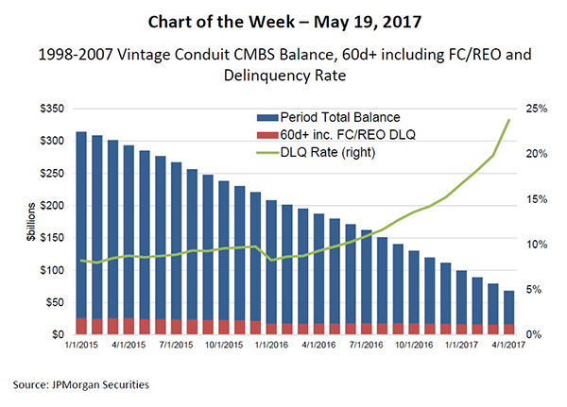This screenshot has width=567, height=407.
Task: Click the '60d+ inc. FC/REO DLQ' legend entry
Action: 349,136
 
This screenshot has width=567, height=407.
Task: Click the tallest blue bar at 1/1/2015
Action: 81,227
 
